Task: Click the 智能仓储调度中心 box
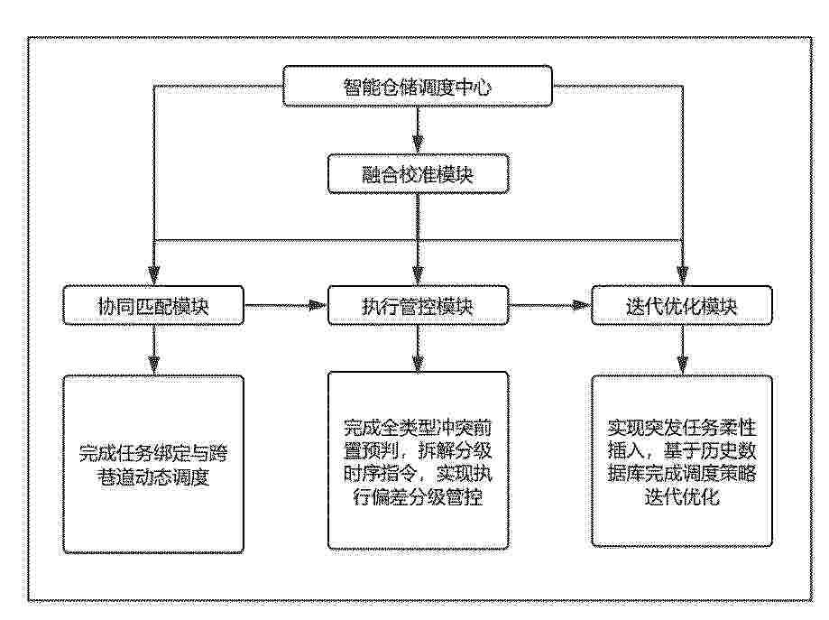(x=418, y=87)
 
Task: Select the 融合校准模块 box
(x=418, y=174)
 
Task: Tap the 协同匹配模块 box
(x=153, y=306)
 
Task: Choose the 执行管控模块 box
(x=418, y=306)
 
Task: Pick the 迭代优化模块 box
(x=681, y=306)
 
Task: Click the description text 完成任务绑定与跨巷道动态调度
(x=153, y=466)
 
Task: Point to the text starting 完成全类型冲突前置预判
(x=418, y=462)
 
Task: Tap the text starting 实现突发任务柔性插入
(x=681, y=462)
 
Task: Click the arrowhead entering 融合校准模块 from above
(x=418, y=143)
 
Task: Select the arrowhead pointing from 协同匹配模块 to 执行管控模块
(x=318, y=306)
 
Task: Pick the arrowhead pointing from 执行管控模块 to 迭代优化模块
(x=582, y=306)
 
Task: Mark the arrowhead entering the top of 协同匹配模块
(x=154, y=276)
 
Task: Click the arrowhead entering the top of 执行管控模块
(x=418, y=276)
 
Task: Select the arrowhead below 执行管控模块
(x=418, y=364)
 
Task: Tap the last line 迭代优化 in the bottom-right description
(x=681, y=497)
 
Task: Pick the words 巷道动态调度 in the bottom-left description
(x=153, y=477)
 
